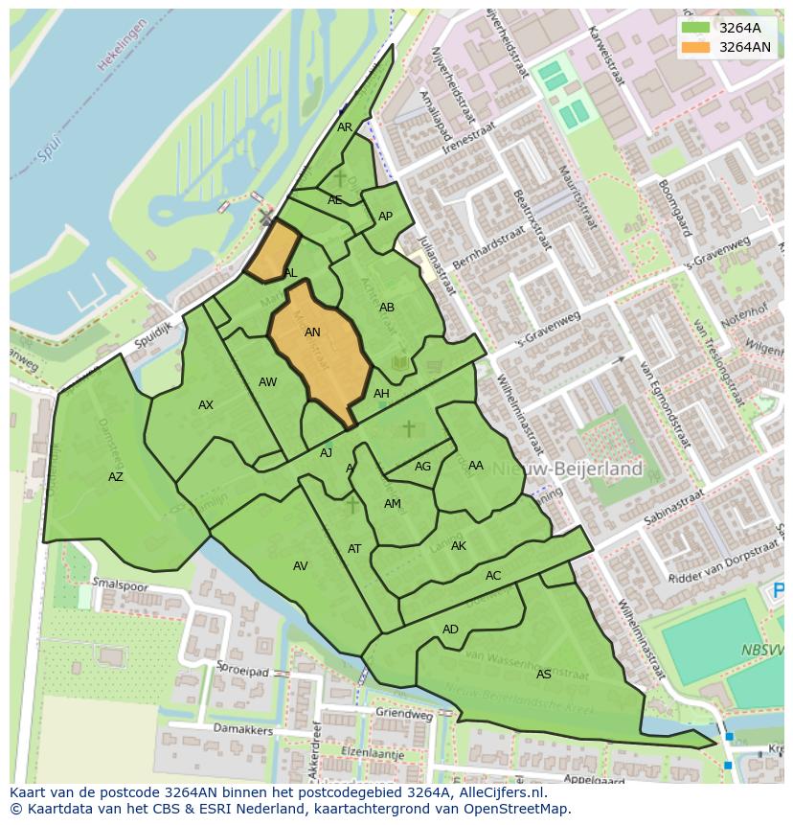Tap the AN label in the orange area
click(312, 332)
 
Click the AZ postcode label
click(116, 477)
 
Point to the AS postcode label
click(544, 675)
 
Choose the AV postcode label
click(301, 566)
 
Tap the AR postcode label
click(345, 127)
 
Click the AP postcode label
click(385, 217)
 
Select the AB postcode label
click(387, 308)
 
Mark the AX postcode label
click(206, 405)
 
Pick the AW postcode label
click(267, 382)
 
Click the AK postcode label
click(459, 546)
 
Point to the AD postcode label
click(450, 630)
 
